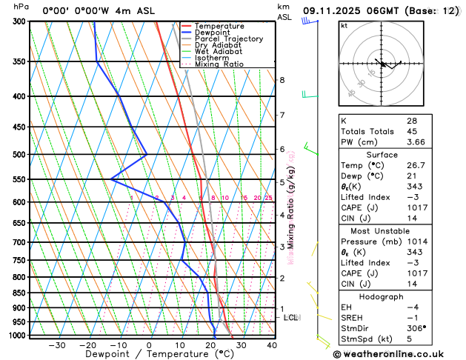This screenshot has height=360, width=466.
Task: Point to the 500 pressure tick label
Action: coord(19,155)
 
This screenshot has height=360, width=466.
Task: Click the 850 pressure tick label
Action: coord(19,293)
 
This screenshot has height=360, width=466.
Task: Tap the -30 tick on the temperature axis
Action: coord(57,345)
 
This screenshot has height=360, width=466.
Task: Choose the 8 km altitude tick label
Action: coord(282,80)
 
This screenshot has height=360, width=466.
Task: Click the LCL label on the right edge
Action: coord(291,318)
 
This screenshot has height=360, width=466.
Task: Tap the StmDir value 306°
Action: coord(416,328)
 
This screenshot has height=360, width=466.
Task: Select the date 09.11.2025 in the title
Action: coord(336,11)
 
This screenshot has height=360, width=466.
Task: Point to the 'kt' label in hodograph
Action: coord(344,26)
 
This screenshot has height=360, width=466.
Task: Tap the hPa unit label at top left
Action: coord(21,7)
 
